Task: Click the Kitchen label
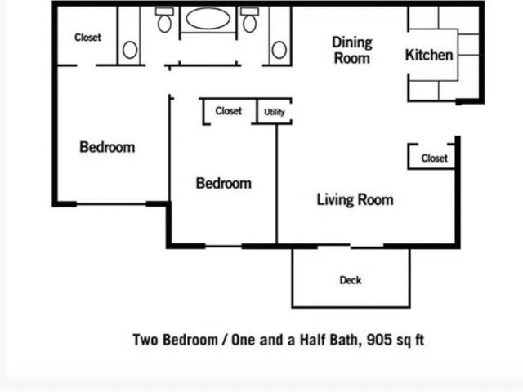pos(429,56)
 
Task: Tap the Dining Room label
pos(351,50)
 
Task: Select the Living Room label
pos(355,199)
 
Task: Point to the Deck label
pos(351,280)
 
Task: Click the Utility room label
pos(275,113)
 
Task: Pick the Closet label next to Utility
pos(229,111)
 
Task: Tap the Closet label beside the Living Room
pos(434,158)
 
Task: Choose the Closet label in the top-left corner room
pos(87,38)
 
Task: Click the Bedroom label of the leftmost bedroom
pos(107,148)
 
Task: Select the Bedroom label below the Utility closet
pos(223,184)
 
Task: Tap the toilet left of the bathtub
pos(165,20)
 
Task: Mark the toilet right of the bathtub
pos(250,20)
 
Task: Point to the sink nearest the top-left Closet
pos(129,51)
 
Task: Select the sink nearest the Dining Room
pos(279,51)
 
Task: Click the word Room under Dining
pos(351,58)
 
